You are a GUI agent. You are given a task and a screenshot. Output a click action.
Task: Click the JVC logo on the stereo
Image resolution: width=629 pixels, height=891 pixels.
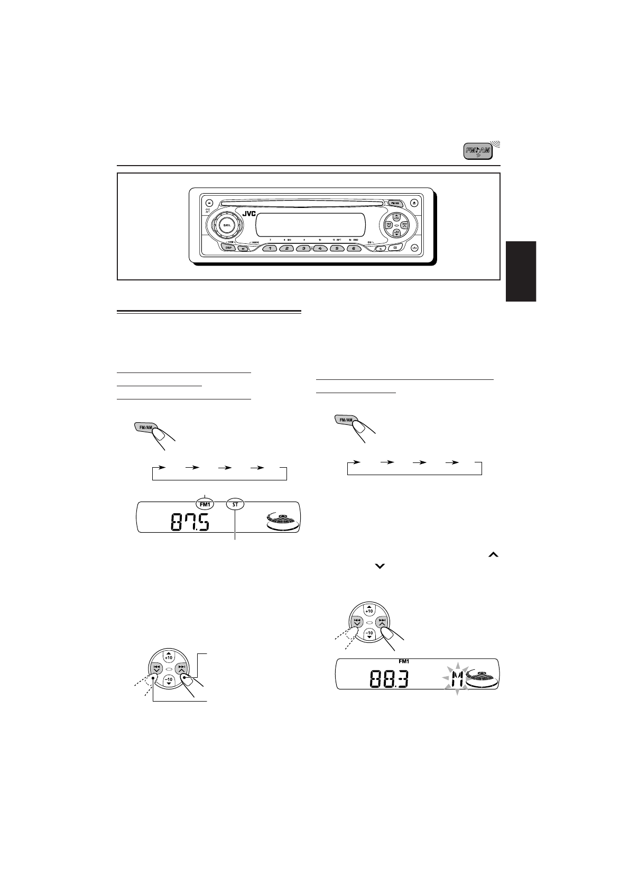(x=249, y=214)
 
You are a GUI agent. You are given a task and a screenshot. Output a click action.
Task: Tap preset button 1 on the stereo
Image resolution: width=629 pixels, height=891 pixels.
(x=270, y=248)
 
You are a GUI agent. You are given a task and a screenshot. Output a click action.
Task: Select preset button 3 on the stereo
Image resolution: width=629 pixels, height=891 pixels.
(x=303, y=248)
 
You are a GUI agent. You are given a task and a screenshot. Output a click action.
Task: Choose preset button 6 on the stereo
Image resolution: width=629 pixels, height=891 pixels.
(x=353, y=248)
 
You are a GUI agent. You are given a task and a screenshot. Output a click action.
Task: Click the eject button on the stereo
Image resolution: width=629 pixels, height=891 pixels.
(x=415, y=202)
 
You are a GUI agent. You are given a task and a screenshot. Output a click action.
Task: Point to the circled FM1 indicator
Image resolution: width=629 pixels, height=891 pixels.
(x=205, y=505)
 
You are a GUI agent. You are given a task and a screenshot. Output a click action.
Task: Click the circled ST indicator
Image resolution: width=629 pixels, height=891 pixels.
(x=235, y=505)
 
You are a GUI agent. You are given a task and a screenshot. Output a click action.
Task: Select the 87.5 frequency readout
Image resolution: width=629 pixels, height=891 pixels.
(x=190, y=523)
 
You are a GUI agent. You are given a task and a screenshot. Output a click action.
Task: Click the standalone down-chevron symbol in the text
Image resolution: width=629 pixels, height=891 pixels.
(x=380, y=566)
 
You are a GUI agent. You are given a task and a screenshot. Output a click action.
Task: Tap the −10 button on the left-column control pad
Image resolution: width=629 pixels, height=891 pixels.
(x=168, y=680)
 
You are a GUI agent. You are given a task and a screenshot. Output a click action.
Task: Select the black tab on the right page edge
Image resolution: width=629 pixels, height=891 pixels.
(x=521, y=271)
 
